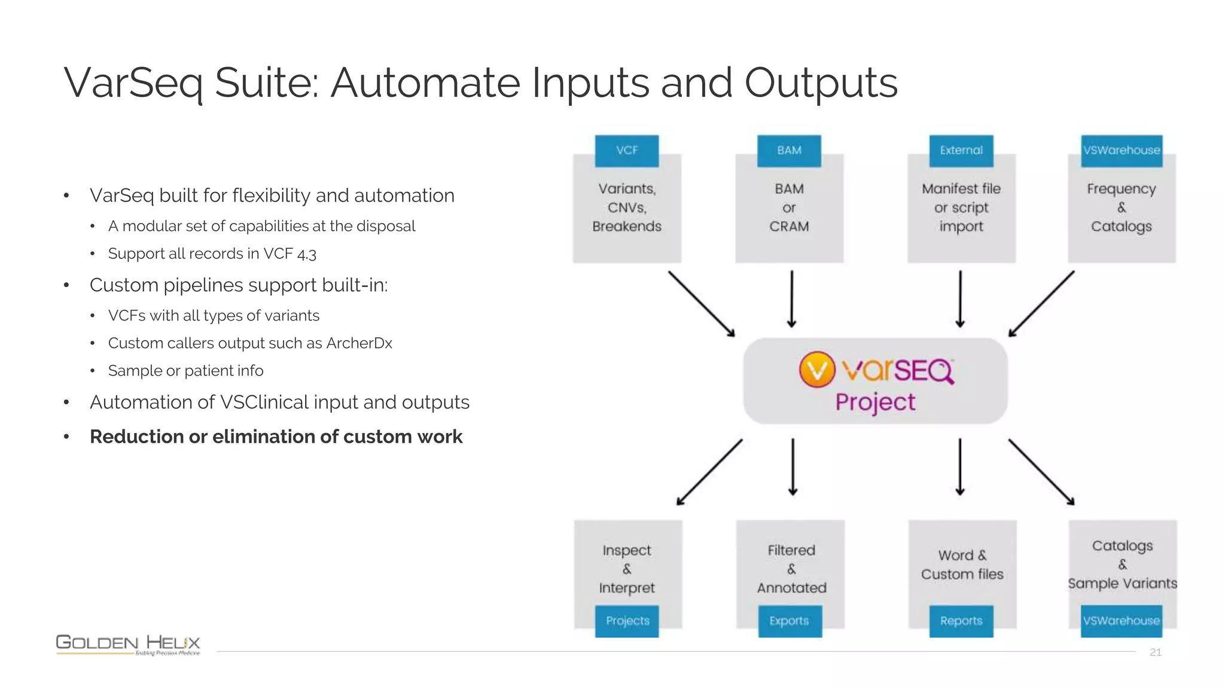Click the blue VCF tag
[x=626, y=151]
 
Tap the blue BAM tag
[x=789, y=151]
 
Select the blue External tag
[x=961, y=151]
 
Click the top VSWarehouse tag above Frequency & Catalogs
[x=1122, y=151]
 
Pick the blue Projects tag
[x=627, y=621]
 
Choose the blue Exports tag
[x=790, y=621]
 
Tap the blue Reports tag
[x=961, y=621]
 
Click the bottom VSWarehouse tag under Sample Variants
[x=1122, y=621]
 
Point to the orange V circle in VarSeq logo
[x=816, y=370]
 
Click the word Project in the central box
[x=875, y=403]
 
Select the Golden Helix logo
[x=128, y=645]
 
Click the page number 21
[x=1155, y=653]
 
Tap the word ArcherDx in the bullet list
[x=359, y=343]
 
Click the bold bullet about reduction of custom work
[x=276, y=437]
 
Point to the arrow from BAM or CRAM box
[x=791, y=299]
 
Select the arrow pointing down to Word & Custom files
[x=960, y=467]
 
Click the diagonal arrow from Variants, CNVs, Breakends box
[x=702, y=304]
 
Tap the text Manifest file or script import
[x=961, y=208]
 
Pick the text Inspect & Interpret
[x=627, y=569]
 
